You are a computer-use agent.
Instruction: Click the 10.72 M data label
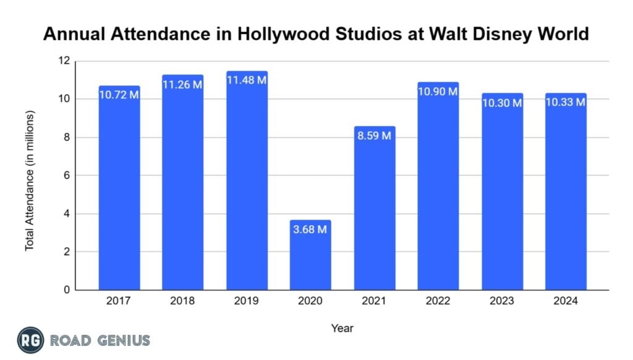[119, 96]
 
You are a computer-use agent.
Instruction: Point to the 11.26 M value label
[182, 85]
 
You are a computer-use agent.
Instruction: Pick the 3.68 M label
[310, 230]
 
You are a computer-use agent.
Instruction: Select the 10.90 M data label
[438, 92]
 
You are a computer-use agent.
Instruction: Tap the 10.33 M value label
[566, 103]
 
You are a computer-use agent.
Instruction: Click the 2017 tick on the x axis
[119, 301]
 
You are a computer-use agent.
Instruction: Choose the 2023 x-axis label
[502, 301]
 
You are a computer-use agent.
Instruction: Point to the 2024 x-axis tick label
[566, 301]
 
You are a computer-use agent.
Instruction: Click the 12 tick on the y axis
[64, 61]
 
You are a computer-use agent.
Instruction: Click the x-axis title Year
[342, 328]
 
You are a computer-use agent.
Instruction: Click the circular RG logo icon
[30, 340]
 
